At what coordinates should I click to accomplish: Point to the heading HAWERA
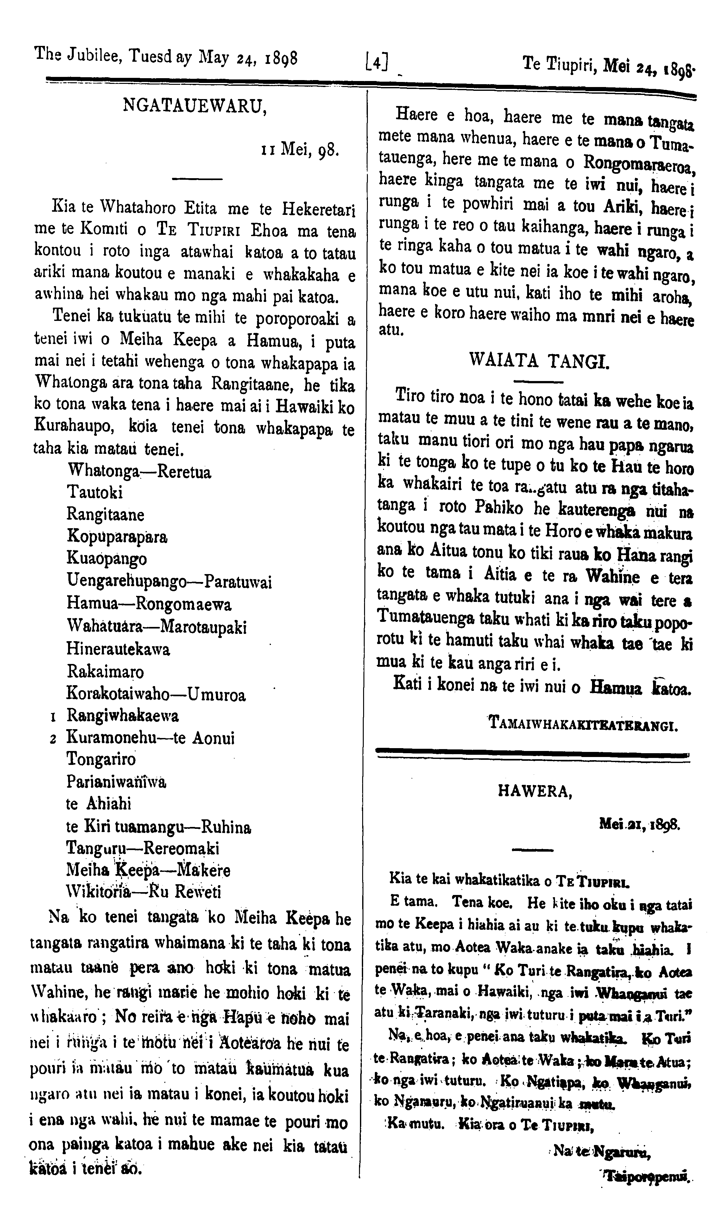[x=534, y=791]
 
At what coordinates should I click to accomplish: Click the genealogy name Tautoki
[x=95, y=492]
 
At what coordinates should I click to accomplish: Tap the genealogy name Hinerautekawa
[x=118, y=649]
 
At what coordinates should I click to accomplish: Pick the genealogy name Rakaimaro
[x=105, y=672]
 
